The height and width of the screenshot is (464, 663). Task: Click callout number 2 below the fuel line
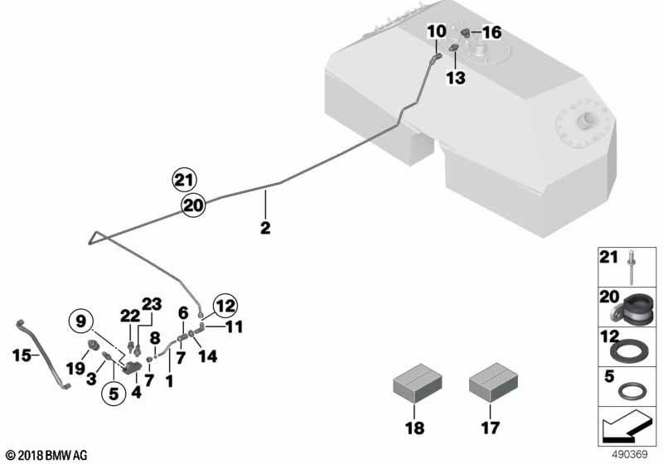(265, 226)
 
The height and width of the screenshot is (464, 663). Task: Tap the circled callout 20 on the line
(193, 205)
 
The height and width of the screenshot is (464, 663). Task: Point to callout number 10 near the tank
(436, 31)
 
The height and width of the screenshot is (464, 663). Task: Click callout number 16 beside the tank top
(491, 33)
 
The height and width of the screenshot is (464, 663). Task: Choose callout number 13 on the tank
(455, 78)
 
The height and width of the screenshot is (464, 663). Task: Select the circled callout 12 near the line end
(225, 307)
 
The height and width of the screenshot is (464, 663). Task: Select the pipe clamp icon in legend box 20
(633, 307)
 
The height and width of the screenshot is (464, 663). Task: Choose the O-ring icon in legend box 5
(634, 387)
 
